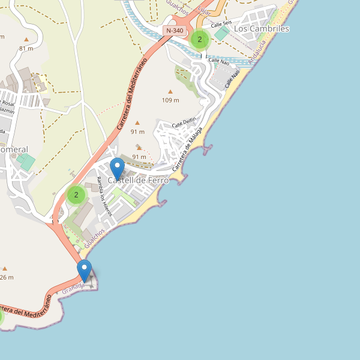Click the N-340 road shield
[x=175, y=31]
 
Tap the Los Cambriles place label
[x=262, y=29]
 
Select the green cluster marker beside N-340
[x=199, y=40]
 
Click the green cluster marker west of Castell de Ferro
[x=76, y=195]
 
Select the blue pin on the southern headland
[x=85, y=271]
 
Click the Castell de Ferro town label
[x=139, y=180]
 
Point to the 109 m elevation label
[x=171, y=100]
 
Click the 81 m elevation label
[x=26, y=48]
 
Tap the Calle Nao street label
[x=218, y=61]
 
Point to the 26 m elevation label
[x=6, y=277]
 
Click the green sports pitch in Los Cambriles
[x=221, y=34]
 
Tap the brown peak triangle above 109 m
[x=170, y=92]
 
